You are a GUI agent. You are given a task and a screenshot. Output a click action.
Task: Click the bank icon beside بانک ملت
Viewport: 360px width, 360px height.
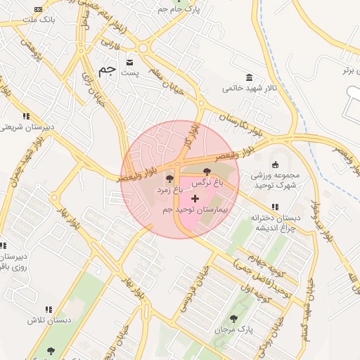38,9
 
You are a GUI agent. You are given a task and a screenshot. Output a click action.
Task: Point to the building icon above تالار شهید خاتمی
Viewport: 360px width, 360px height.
249,77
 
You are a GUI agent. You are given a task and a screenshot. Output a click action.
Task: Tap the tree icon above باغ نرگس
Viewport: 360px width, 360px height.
207,172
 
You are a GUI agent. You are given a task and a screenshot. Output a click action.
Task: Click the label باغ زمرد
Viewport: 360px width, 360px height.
169,190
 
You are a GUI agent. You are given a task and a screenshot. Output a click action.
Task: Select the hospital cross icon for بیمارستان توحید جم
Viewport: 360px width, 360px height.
195,199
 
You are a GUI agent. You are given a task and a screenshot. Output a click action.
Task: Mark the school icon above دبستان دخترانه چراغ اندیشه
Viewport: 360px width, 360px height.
274,207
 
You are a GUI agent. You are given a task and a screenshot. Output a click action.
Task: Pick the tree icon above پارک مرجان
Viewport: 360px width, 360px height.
233,318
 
